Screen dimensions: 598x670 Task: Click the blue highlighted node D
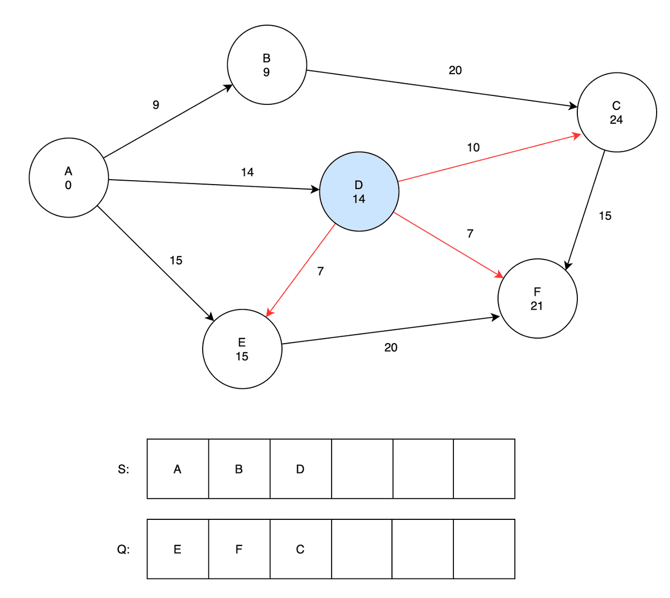[x=359, y=191]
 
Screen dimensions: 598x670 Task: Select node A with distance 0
[x=68, y=177]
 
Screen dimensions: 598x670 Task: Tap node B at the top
[x=267, y=65]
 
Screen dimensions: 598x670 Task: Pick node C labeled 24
[x=616, y=112]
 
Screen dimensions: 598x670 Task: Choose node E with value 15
[x=242, y=349]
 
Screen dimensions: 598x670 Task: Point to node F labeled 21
[x=537, y=298]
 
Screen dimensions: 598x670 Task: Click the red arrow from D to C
[x=489, y=157]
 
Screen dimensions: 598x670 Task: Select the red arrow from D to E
[x=301, y=269]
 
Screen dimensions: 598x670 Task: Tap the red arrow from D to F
[x=448, y=244]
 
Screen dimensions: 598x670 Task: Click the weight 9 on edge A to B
[x=156, y=105]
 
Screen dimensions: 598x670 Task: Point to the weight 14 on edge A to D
[x=247, y=172]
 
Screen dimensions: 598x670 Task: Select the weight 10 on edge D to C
[x=473, y=147]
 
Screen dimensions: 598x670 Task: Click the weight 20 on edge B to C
[x=455, y=70]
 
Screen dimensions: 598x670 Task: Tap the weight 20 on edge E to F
[x=391, y=348]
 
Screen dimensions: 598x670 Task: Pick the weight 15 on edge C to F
[x=605, y=216]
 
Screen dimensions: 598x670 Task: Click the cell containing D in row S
[x=300, y=469]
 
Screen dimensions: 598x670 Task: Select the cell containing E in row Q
[x=178, y=549]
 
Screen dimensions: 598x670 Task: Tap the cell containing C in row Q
[x=300, y=549]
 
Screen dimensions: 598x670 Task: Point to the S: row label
[x=123, y=469]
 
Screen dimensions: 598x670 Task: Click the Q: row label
[x=123, y=549]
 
